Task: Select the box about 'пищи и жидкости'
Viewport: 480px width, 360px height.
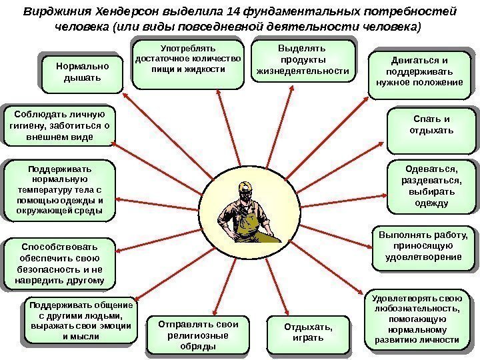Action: [189, 63]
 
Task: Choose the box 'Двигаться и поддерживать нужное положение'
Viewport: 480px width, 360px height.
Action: [419, 73]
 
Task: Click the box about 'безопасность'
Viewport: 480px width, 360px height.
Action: [58, 263]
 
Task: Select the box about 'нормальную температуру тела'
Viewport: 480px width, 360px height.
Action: [58, 189]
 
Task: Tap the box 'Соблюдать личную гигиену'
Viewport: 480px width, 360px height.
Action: [58, 125]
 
